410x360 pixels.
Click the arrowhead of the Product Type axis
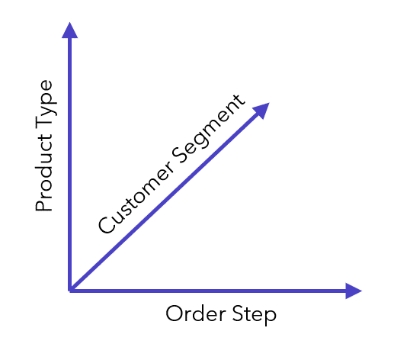[69, 31]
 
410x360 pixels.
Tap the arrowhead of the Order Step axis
[354, 291]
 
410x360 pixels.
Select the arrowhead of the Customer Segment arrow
[261, 110]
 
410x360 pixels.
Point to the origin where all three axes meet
[70, 290]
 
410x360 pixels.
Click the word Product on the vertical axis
[44, 173]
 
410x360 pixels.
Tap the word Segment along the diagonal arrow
[208, 129]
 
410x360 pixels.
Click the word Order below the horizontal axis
[196, 313]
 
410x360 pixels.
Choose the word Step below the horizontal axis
[255, 315]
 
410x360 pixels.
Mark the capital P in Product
[44, 206]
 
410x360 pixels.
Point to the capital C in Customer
[107, 224]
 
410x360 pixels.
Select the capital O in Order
[175, 313]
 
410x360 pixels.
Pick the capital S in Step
[238, 313]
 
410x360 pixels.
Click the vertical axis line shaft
[69, 164]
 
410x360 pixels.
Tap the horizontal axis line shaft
[208, 291]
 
